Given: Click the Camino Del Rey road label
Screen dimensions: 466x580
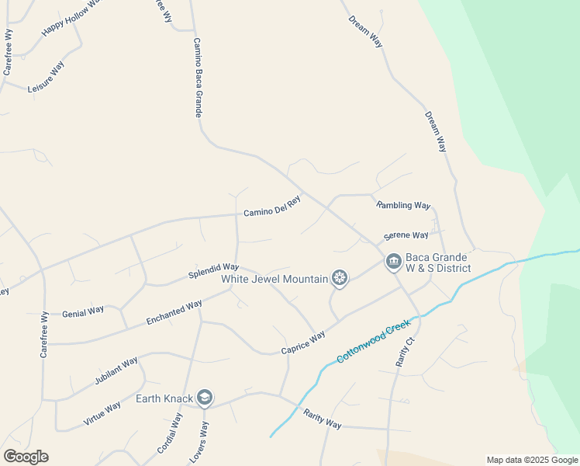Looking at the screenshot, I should (x=271, y=207).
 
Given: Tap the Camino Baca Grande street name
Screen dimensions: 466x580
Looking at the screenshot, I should (x=198, y=78).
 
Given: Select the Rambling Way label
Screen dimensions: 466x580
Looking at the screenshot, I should (x=403, y=205).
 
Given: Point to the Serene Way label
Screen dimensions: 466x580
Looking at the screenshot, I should (x=406, y=235).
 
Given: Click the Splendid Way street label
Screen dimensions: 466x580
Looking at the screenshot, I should (x=213, y=271).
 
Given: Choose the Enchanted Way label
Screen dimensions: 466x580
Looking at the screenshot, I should (x=174, y=312).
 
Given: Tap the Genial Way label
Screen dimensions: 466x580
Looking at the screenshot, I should (x=83, y=311).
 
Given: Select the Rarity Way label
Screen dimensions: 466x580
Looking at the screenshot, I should (x=323, y=419).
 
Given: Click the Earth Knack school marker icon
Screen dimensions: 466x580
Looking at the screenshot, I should (x=205, y=398).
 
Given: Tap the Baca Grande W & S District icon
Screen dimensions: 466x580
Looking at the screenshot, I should (x=393, y=262).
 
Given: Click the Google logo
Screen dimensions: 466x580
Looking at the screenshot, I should (x=26, y=457).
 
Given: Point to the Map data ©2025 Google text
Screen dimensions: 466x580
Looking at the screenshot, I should (x=533, y=460).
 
